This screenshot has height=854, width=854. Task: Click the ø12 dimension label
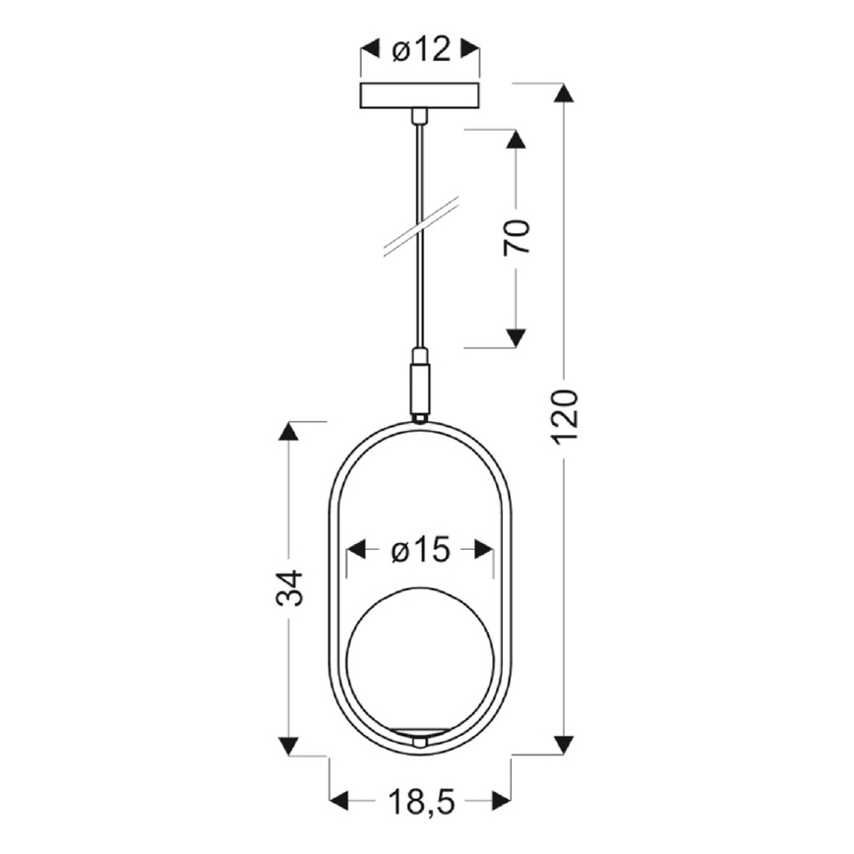click(420, 49)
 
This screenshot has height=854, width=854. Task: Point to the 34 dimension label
click(289, 587)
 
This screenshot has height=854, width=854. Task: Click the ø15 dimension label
click(420, 551)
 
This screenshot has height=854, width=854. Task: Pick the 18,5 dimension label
click(420, 804)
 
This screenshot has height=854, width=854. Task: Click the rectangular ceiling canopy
click(420, 96)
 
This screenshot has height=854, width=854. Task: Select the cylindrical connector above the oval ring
click(420, 386)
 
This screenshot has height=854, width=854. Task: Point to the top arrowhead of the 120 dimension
click(563, 92)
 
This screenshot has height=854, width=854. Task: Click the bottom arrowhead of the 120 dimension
click(563, 745)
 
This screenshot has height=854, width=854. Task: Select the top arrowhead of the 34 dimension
click(288, 431)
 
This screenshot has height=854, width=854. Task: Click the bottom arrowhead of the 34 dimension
click(288, 746)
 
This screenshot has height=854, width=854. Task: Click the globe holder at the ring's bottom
click(420, 736)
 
